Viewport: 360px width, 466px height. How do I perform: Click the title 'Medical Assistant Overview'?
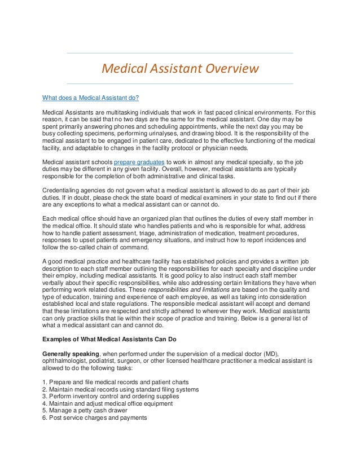(x=179, y=69)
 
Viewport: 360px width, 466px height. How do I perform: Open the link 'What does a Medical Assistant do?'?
(x=91, y=96)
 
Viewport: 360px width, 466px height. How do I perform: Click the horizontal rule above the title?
(x=179, y=53)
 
